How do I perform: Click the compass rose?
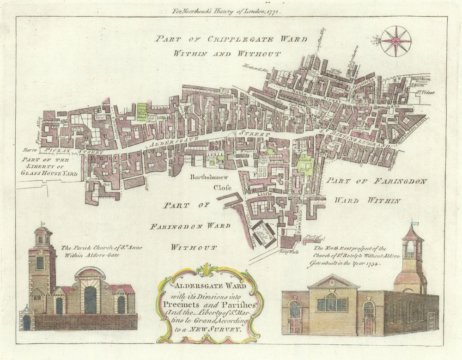[x=396, y=41]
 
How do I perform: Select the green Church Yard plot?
[x=304, y=164]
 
